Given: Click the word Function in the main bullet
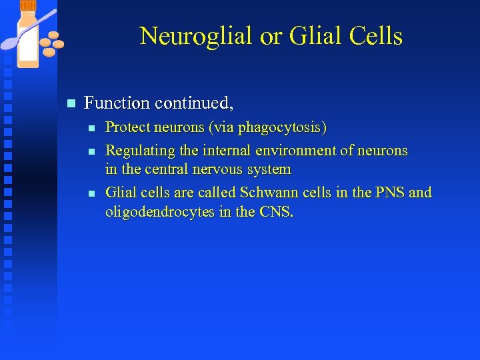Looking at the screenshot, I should (x=117, y=103).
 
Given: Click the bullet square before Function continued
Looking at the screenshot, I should (x=71, y=103).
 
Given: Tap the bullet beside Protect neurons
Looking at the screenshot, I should (x=92, y=127).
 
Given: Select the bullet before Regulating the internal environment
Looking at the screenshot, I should (x=92, y=151).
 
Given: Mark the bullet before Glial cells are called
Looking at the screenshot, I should (x=92, y=193).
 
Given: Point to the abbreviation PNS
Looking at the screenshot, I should (x=389, y=193).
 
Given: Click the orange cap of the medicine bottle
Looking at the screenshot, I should (x=28, y=5).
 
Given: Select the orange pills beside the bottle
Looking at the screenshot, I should (x=51, y=43).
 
